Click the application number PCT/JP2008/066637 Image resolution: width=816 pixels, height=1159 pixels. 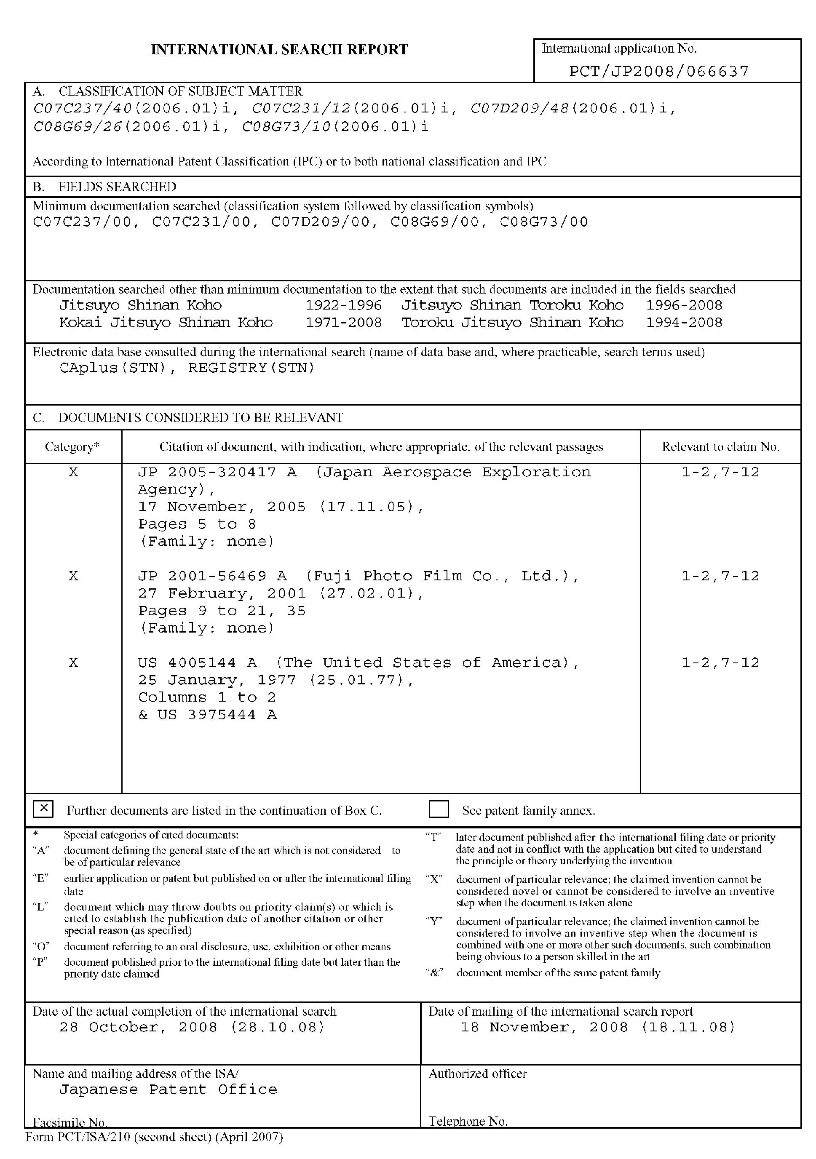click(659, 71)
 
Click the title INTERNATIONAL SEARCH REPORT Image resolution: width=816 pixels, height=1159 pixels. click(279, 49)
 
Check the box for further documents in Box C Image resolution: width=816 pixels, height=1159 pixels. click(43, 809)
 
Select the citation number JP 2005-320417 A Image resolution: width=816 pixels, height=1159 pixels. click(217, 472)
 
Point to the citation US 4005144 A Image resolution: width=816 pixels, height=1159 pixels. click(197, 662)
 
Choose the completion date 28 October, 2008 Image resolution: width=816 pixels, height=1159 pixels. click(192, 1027)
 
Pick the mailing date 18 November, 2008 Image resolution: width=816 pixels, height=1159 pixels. click(598, 1027)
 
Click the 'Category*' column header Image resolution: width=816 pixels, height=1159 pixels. click(72, 447)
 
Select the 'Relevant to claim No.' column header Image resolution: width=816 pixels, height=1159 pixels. click(720, 447)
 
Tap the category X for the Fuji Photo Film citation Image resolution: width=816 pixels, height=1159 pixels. click(74, 576)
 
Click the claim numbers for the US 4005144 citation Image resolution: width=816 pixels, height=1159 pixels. click(720, 662)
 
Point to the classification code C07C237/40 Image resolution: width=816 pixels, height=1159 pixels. click(82, 109)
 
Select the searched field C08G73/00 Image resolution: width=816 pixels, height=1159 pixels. click(544, 222)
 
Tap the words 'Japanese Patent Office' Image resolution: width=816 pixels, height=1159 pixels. click(168, 1090)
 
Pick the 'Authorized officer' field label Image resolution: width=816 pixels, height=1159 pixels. click(478, 1074)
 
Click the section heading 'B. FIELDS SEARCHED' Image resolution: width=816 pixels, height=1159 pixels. click(104, 187)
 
